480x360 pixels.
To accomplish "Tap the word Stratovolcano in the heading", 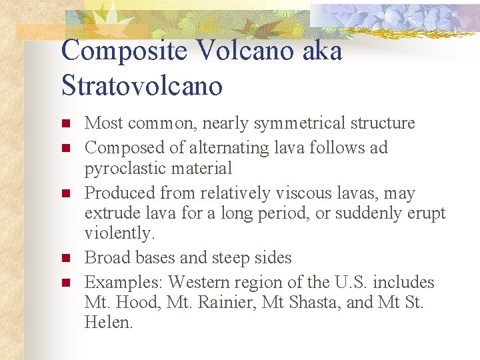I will (x=141, y=86).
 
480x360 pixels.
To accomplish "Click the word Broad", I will (x=105, y=257).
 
